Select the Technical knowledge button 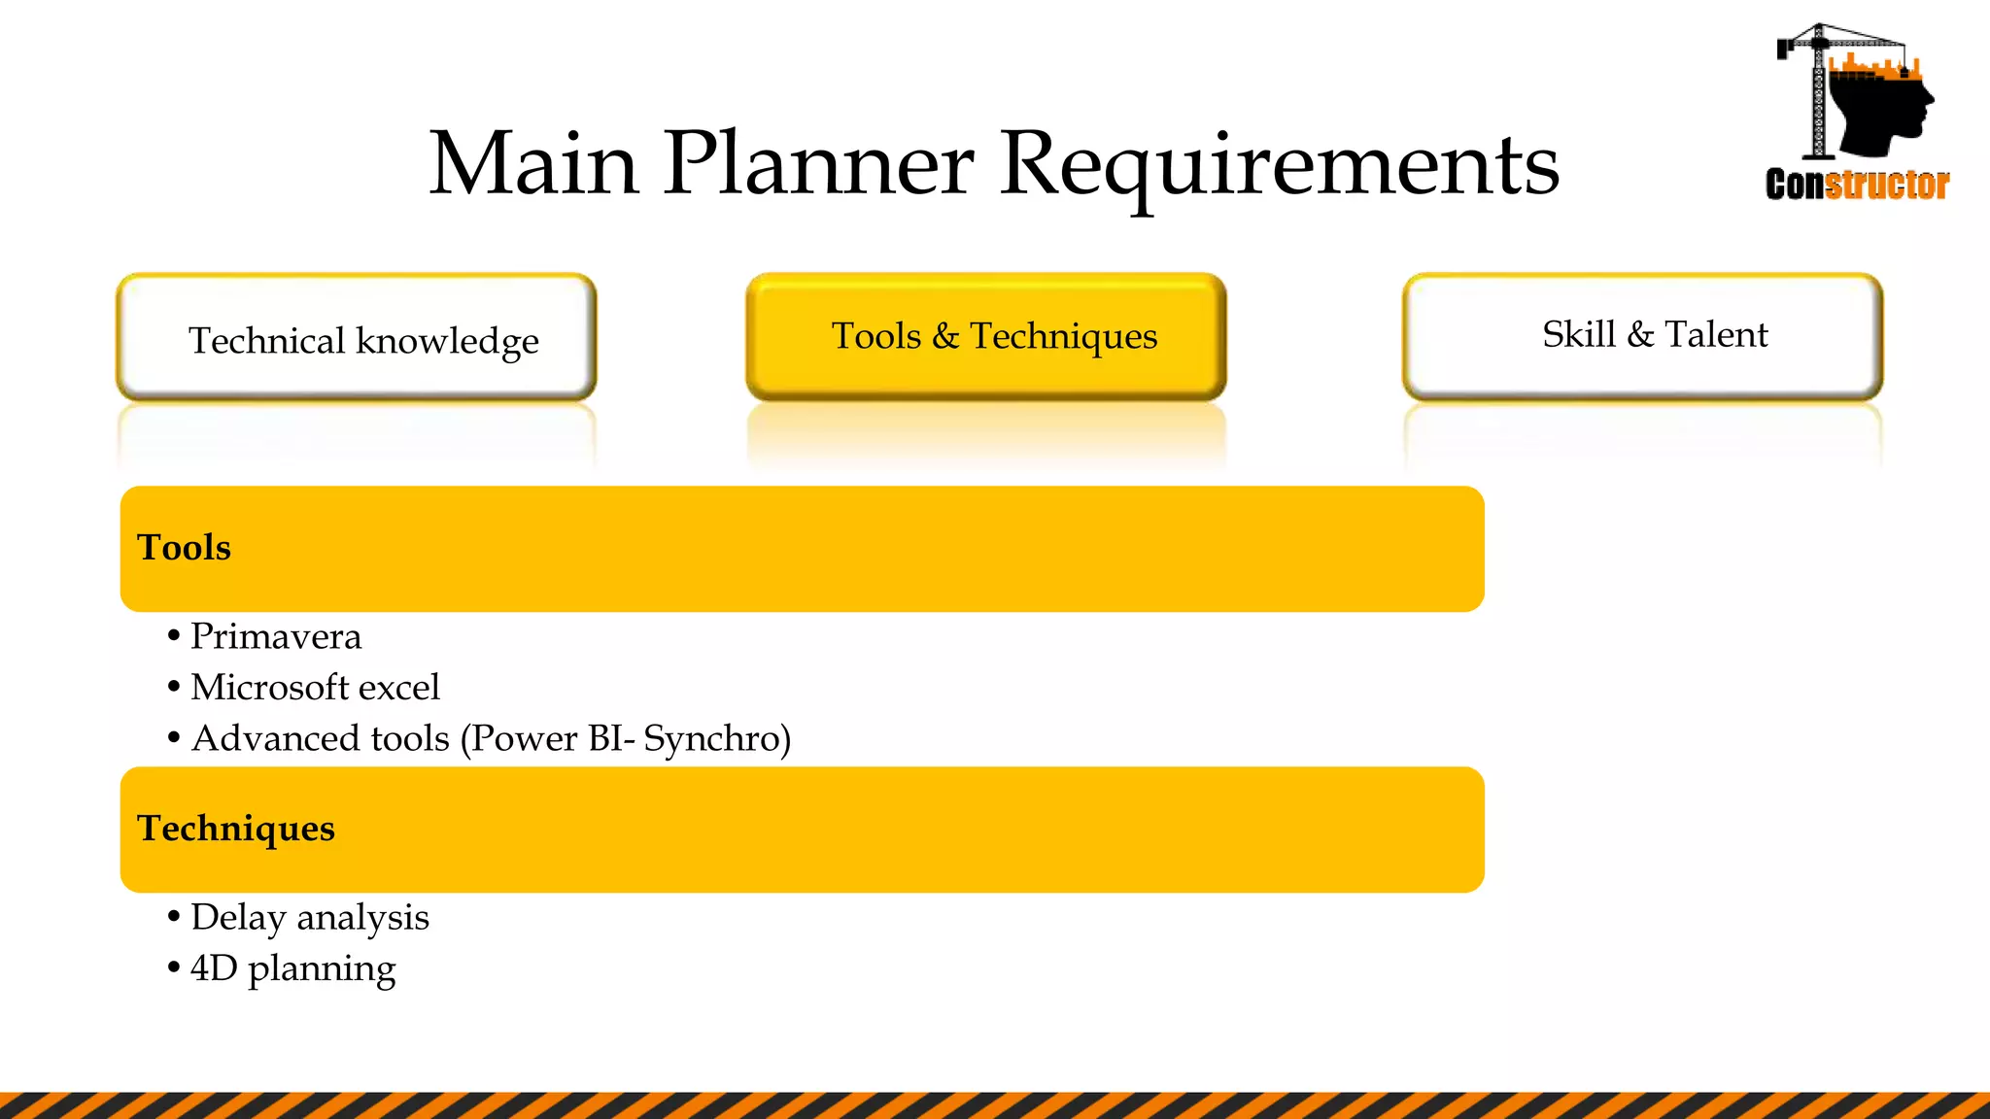coord(357,338)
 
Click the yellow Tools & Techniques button coord(985,336)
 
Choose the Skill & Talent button coord(1642,336)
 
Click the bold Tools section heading coord(185,548)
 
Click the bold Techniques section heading coord(236,829)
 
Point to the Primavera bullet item coord(276,637)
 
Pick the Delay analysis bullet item coord(309,918)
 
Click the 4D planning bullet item coord(293,969)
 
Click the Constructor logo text coord(1857,185)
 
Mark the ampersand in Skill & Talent coord(1640,335)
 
